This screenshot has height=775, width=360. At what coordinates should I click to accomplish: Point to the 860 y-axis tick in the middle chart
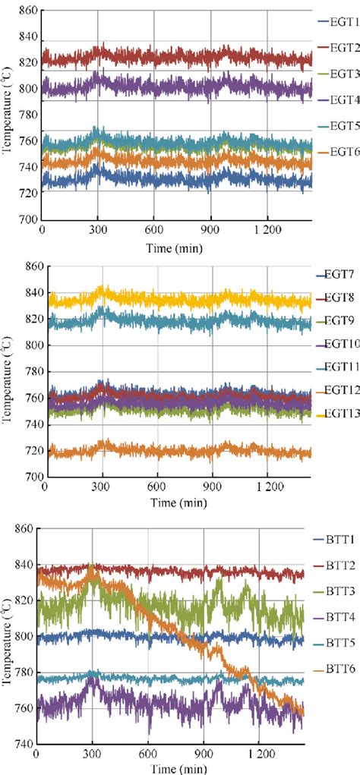pyautogui.click(x=30, y=266)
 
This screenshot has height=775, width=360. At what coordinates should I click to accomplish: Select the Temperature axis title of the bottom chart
pyautogui.click(x=7, y=642)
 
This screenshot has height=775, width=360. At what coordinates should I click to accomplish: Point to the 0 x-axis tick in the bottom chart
pyautogui.click(x=36, y=755)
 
